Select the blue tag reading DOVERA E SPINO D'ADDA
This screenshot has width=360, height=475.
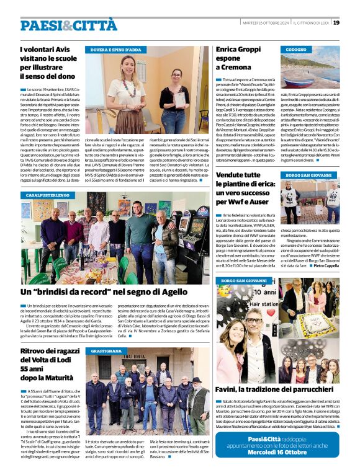click(116, 49)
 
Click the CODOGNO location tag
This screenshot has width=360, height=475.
click(297, 49)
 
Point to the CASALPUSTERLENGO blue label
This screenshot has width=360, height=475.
click(47, 195)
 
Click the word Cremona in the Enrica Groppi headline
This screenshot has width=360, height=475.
click(232, 66)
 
